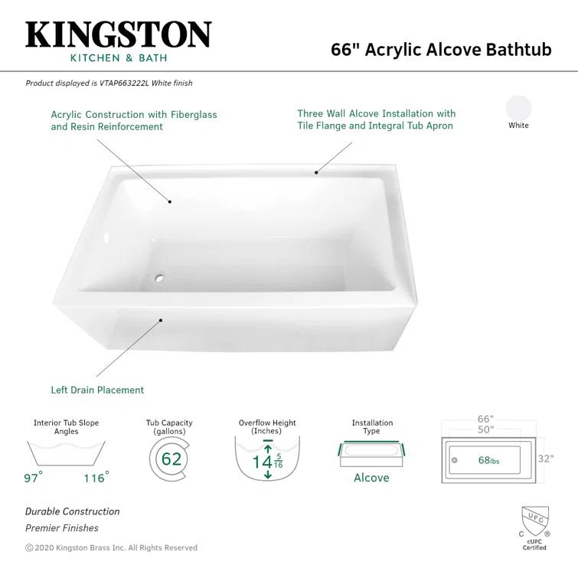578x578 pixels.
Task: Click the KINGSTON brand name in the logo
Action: pyautogui.click(x=118, y=34)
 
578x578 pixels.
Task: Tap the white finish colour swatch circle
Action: pyautogui.click(x=518, y=107)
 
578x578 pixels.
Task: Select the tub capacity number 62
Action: pyautogui.click(x=171, y=459)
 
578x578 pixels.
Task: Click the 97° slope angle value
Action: pyautogui.click(x=33, y=478)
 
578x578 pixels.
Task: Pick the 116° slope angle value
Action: pyautogui.click(x=96, y=478)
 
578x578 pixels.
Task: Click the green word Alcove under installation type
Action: pyautogui.click(x=371, y=478)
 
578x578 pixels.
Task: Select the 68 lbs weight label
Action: pyautogui.click(x=488, y=460)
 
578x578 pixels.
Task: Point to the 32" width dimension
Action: pyautogui.click(x=545, y=459)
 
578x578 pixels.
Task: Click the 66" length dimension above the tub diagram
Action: pyautogui.click(x=485, y=420)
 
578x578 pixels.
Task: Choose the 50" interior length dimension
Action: pyautogui.click(x=485, y=430)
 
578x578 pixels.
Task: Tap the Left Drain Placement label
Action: pyautogui.click(x=97, y=390)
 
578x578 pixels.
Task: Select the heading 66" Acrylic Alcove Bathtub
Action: pyautogui.click(x=441, y=49)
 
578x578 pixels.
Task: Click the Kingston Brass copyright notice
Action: pyautogui.click(x=111, y=547)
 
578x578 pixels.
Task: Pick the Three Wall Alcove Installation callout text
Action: pyautogui.click(x=376, y=119)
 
